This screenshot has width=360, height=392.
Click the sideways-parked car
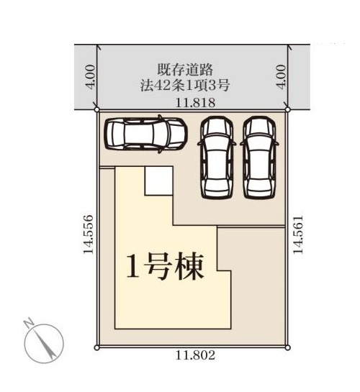pyautogui.click(x=145, y=134)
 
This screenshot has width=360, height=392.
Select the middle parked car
pyautogui.click(x=217, y=156)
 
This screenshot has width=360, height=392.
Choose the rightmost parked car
pyautogui.click(x=259, y=156)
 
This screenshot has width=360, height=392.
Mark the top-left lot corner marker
pyautogui.click(x=98, y=111)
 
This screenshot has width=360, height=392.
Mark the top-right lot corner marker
pyautogui.click(x=287, y=111)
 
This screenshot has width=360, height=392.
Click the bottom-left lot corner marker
pyautogui.click(x=98, y=347)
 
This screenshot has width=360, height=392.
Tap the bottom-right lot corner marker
pyautogui.click(x=288, y=347)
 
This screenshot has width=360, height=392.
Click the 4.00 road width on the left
pyautogui.click(x=89, y=75)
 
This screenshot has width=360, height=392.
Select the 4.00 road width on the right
pyautogui.click(x=282, y=75)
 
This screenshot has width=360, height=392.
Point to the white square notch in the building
pyautogui.click(x=158, y=181)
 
